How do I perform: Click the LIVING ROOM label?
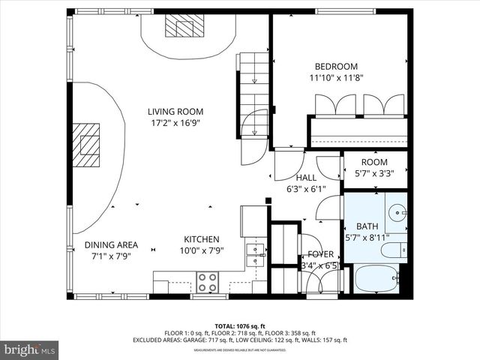[x=175, y=112]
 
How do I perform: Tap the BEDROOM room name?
[x=336, y=66]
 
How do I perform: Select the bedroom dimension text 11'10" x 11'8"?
[x=336, y=77]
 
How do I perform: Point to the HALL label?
[x=305, y=177]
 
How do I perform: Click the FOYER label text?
[x=320, y=254]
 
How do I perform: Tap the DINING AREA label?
[x=110, y=244]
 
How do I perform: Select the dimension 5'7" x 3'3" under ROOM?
[x=374, y=173]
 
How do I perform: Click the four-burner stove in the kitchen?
[x=207, y=282]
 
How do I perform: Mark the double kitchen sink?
[x=256, y=250]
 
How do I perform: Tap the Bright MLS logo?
[x=30, y=349]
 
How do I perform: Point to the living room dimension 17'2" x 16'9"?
[x=175, y=123]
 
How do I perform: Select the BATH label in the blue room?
[x=367, y=226]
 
